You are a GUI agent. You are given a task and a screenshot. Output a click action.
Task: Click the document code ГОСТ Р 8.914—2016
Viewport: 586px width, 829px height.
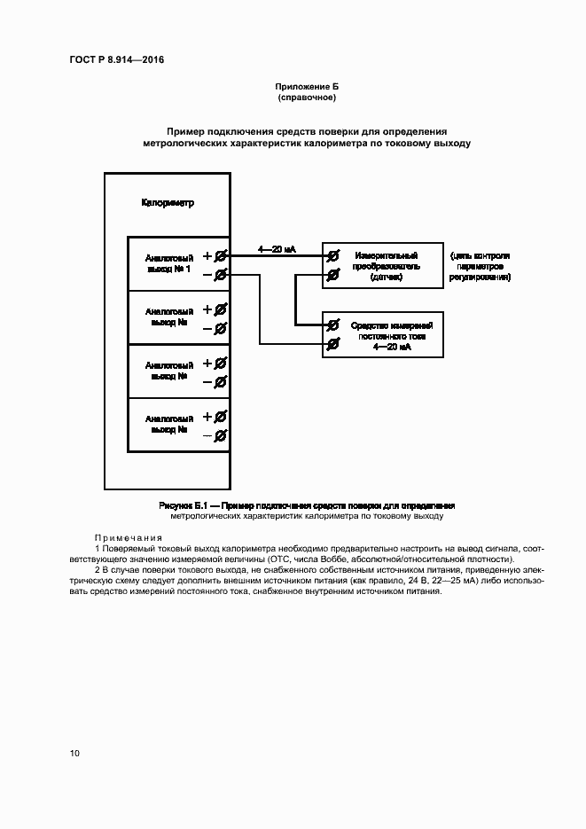coord(116,60)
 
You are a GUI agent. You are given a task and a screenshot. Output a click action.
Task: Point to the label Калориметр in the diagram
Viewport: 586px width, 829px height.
coord(168,203)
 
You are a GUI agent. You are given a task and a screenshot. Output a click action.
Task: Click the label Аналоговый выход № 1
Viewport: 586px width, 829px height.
coord(168,263)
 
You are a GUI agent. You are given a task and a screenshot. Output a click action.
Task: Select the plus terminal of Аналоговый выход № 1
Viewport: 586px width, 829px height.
coord(221,256)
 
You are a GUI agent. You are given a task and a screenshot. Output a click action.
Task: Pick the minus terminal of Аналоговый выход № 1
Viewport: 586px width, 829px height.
coord(221,276)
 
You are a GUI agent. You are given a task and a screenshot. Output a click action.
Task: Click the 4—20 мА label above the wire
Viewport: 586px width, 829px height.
coord(277,250)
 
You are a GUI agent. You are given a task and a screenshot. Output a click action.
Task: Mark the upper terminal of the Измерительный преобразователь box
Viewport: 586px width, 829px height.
coord(332,256)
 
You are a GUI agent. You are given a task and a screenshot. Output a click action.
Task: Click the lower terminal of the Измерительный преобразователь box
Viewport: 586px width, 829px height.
coord(332,275)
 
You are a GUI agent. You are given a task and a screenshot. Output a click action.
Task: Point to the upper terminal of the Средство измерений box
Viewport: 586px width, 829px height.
coord(332,325)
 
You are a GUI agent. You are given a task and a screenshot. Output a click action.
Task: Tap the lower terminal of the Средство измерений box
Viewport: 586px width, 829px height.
coord(332,343)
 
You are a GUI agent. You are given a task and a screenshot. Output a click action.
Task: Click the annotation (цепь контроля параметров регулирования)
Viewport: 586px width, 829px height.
coord(480,266)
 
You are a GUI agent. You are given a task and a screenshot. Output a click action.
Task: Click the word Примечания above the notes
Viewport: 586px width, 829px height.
coord(129,537)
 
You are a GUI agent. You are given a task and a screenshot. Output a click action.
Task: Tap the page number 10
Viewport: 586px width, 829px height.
coord(74,753)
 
